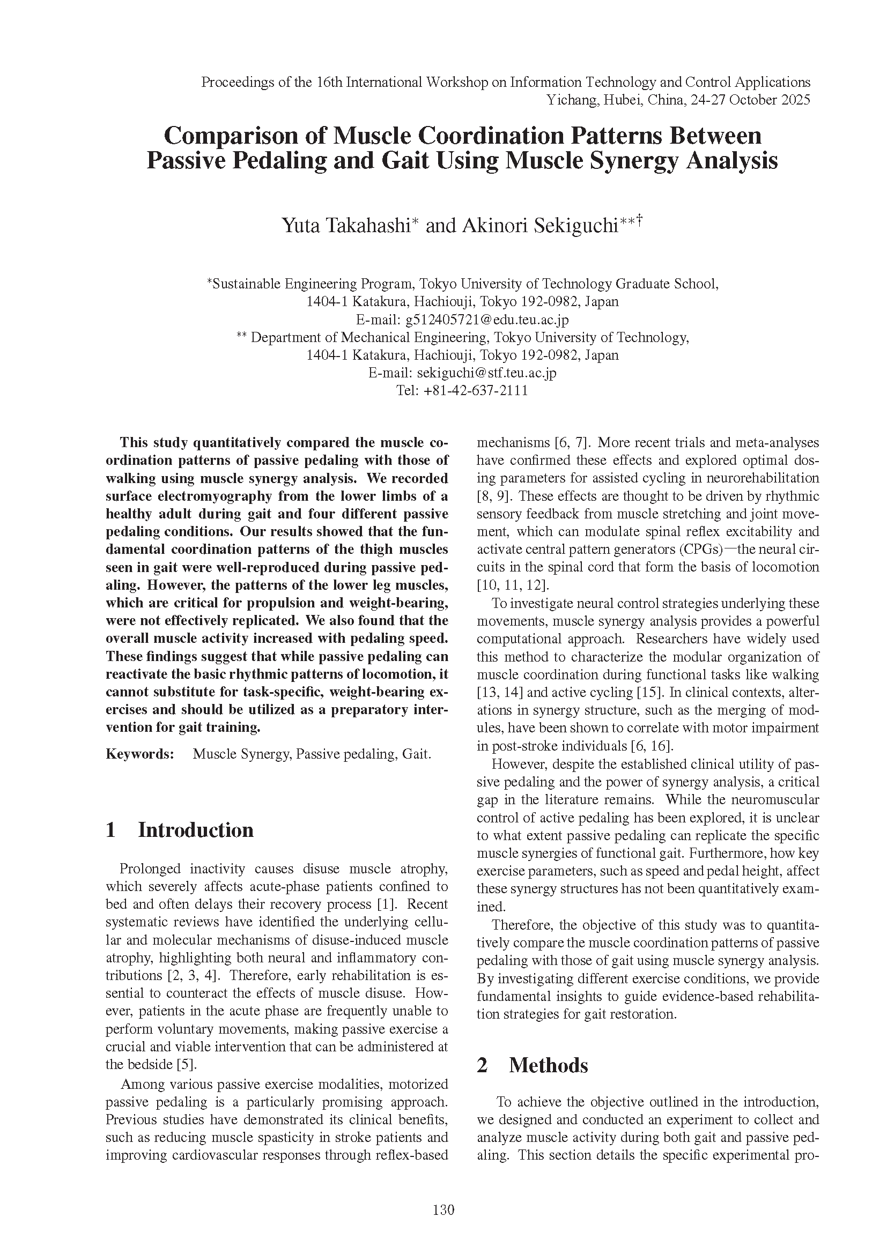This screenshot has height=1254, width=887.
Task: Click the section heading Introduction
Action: coord(196,829)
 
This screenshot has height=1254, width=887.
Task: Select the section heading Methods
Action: coord(549,1066)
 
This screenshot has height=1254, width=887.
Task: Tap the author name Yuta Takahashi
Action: coord(346,226)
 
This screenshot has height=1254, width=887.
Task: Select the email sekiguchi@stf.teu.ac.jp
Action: coord(486,373)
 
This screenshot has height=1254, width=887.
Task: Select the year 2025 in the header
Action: coord(794,100)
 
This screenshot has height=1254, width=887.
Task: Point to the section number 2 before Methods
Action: coord(482,1066)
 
